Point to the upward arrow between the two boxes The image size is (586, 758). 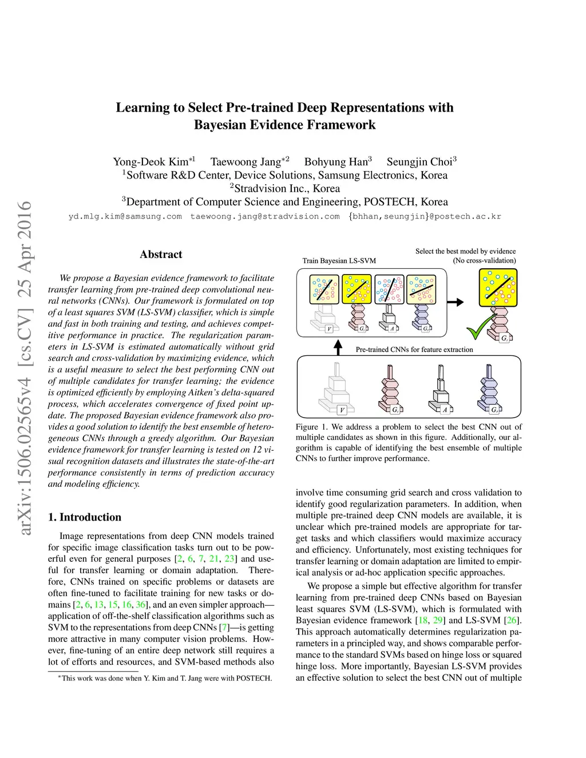[x=338, y=347]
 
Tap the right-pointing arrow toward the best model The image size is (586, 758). [x=455, y=302]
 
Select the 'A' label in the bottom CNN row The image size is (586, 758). [x=445, y=410]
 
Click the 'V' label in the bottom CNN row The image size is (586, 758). [x=342, y=410]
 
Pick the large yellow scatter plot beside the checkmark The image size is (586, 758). [x=497, y=288]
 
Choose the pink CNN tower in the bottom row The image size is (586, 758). [x=390, y=387]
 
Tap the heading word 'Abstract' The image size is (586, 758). [x=161, y=255]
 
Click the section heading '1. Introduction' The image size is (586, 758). [x=85, y=517]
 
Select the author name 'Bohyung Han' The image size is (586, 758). [x=338, y=162]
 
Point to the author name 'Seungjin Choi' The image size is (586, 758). [x=420, y=162]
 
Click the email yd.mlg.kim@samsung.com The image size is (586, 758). [x=125, y=217]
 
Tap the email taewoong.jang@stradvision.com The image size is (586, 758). [x=265, y=217]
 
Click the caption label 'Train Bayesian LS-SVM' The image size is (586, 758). [x=339, y=261]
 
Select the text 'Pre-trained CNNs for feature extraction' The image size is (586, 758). [x=414, y=350]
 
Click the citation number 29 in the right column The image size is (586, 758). [x=438, y=620]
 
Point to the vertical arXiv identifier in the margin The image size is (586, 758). [x=25, y=368]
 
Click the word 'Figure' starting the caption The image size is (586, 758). [x=307, y=427]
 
